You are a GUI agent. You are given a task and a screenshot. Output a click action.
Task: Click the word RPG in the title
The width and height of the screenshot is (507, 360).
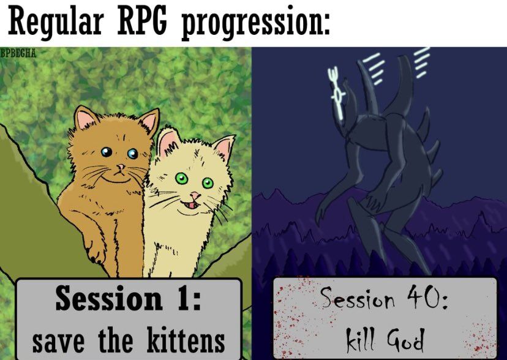click(x=142, y=21)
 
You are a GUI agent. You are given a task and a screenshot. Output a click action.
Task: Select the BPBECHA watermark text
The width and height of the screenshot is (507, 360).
click(x=18, y=53)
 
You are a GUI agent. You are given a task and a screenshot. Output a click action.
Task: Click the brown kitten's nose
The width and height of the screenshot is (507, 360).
click(x=121, y=167)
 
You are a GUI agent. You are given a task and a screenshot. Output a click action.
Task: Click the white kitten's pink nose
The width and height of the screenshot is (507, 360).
click(x=195, y=195)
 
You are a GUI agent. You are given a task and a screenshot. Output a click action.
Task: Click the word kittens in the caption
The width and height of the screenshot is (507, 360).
click(x=186, y=340)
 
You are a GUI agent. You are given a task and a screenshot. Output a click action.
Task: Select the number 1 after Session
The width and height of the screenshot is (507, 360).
click(x=183, y=298)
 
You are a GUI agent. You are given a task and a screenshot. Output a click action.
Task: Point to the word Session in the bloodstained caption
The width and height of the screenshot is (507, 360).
click(x=358, y=298)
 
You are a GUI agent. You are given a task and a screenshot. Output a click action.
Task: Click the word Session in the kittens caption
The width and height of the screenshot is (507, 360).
click(x=108, y=298)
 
